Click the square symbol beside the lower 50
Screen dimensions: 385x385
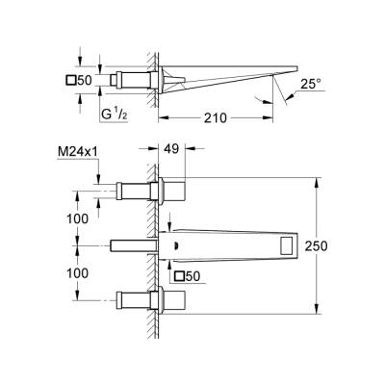coord(180,277)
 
